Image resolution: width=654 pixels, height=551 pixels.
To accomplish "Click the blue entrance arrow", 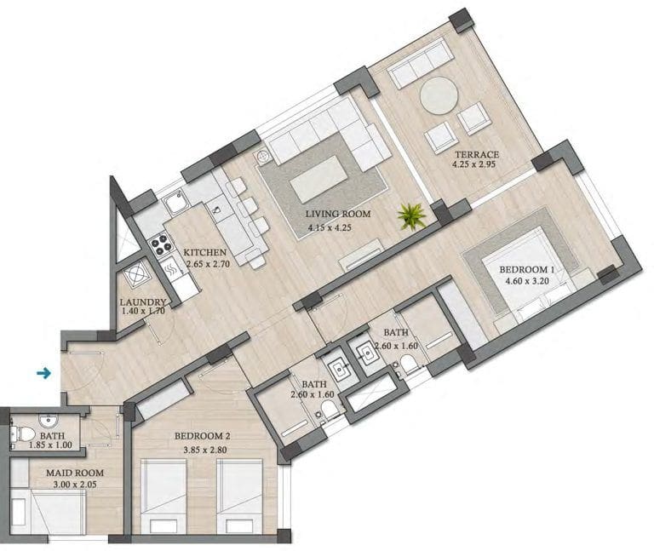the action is click(43, 372).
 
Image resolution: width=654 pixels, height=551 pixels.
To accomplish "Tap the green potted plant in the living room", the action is click(411, 216).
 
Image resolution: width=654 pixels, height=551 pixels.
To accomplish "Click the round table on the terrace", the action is click(439, 95).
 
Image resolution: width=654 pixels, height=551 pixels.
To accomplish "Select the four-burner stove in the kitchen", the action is click(161, 244).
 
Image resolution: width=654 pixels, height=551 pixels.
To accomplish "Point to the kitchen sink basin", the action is click(174, 203).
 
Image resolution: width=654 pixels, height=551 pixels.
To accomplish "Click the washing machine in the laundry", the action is click(135, 275).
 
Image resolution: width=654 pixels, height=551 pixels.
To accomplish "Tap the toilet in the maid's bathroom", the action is click(23, 433).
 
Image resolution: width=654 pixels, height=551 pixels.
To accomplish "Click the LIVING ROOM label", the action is click(338, 214).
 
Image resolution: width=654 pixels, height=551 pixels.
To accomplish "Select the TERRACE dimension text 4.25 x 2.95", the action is click(473, 164).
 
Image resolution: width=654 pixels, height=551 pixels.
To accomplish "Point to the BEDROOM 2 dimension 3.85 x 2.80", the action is click(204, 450).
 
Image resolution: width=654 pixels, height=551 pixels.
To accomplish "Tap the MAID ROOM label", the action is click(75, 473).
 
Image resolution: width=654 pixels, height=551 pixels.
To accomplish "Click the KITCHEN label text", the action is click(204, 252).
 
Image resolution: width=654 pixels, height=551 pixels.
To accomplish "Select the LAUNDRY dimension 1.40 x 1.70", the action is click(143, 311).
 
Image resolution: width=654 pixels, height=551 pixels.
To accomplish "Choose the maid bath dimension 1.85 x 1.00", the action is click(50, 445).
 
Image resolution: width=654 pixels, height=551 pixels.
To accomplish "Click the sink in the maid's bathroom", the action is click(48, 421).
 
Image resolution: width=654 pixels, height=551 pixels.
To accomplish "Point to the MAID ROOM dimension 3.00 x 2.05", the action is click(75, 485).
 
